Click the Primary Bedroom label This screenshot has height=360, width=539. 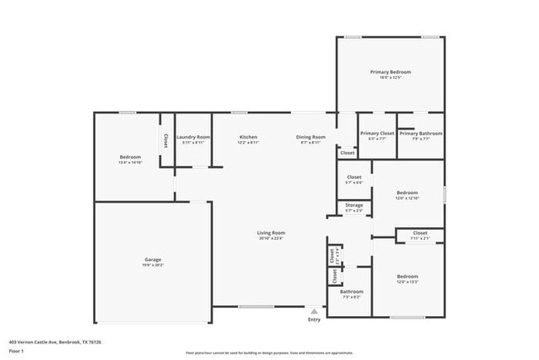[x=390, y=72]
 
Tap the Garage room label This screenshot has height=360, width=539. [x=153, y=260]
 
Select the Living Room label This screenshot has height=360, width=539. [x=270, y=233]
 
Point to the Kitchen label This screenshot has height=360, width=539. [x=248, y=137]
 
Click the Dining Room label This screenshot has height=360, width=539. [x=313, y=137]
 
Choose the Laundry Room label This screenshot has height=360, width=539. [x=193, y=137]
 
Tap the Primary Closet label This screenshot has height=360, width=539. [x=376, y=134]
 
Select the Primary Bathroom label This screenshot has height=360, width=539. [x=420, y=134]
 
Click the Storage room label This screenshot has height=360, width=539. [x=354, y=205]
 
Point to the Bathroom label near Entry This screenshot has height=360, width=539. [x=351, y=291]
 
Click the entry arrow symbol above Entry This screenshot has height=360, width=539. [x=314, y=311]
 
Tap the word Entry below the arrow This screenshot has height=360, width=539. [x=314, y=319]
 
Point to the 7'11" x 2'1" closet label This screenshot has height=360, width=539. [x=420, y=234]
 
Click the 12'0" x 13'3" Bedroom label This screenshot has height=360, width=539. [x=407, y=277]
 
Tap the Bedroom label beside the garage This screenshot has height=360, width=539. [x=130, y=158]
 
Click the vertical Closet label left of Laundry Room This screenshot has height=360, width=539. [x=166, y=140]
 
